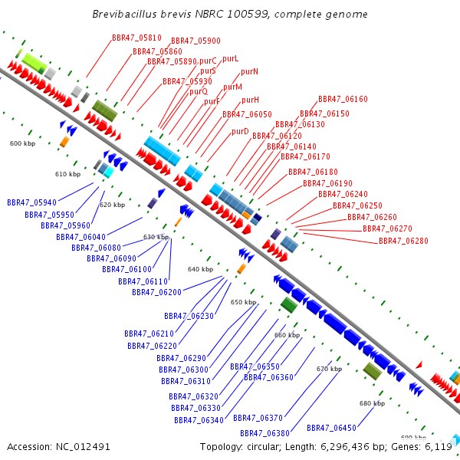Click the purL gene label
click(x=231, y=59)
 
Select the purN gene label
click(x=249, y=71)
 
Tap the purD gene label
click(x=240, y=131)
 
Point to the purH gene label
click(x=250, y=100)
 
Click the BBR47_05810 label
click(x=136, y=38)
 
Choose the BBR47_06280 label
click(x=403, y=241)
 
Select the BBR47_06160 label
click(x=343, y=99)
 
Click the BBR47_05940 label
click(x=31, y=202)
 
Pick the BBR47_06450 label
click(x=331, y=428)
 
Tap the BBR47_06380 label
click(x=264, y=433)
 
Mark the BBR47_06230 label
click(x=189, y=316)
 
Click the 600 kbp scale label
click(x=22, y=143)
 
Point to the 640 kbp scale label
click(x=200, y=269)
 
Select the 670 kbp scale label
click(x=329, y=369)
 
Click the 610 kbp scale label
click(x=67, y=174)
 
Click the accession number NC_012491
click(x=83, y=447)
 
